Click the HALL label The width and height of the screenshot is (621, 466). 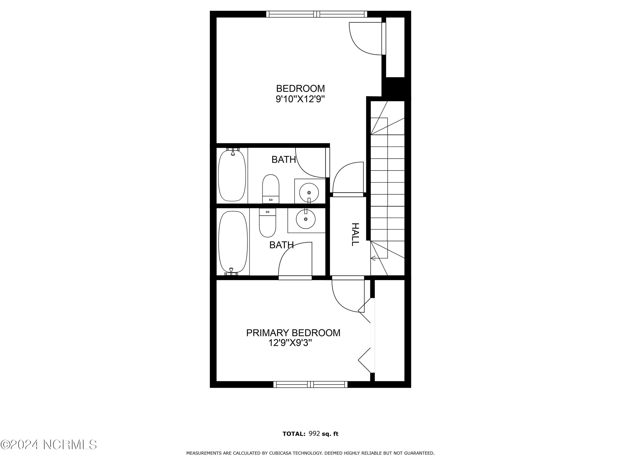pos(355,235)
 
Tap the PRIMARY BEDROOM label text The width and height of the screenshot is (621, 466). pos(293,333)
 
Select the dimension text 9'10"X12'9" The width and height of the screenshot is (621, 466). pos(300,99)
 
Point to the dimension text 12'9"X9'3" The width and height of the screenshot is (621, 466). pos(290,343)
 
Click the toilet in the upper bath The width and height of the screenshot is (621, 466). pos(271,188)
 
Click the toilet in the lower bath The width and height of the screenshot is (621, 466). pos(268,223)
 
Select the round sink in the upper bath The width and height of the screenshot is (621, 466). pos(309,193)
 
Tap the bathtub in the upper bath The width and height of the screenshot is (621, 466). pos(232,175)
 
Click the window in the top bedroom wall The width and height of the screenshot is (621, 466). pos(317,14)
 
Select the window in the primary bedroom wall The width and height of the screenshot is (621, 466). pos(311,384)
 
